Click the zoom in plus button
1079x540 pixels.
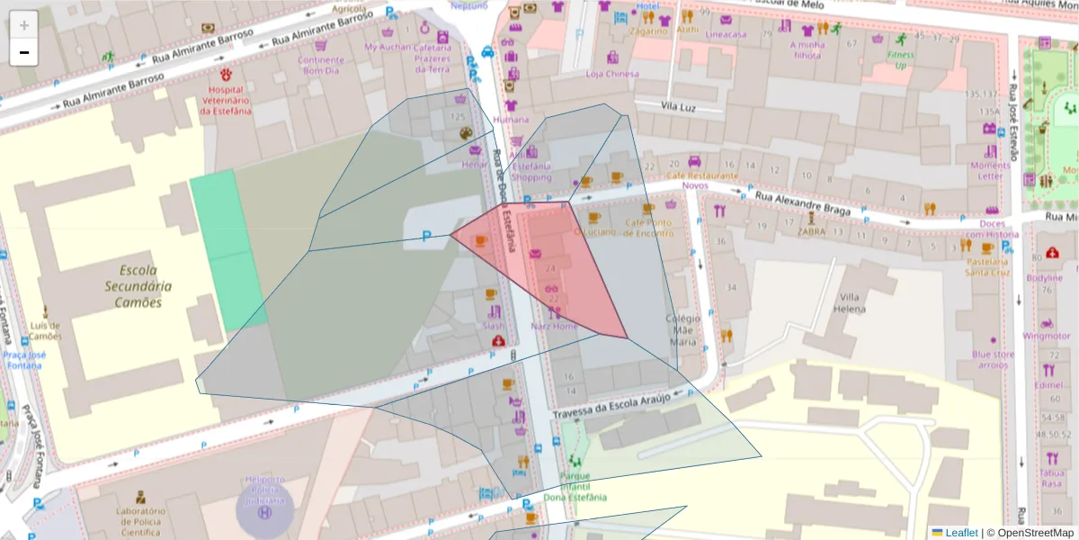point(24,25)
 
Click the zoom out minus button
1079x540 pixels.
point(24,52)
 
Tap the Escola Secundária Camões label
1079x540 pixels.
point(138,285)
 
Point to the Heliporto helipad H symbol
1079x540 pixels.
point(264,511)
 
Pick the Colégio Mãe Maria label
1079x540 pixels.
point(682,329)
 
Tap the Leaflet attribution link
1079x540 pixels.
point(960,532)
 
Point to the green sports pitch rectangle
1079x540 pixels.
point(227,250)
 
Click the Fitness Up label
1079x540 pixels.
point(901,59)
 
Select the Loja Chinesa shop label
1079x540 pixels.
point(611,74)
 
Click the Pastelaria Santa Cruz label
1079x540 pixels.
point(987,266)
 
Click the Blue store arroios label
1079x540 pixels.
point(994,359)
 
